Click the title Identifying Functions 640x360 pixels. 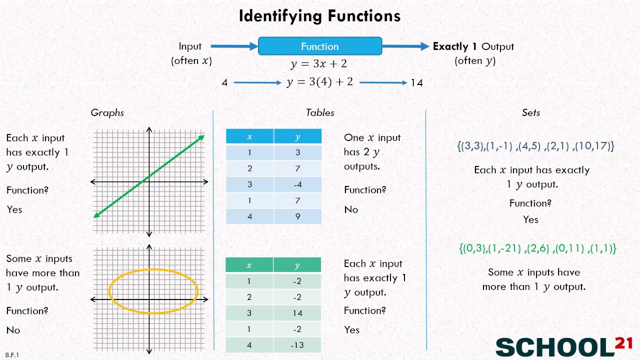click(x=319, y=16)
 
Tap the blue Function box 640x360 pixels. click(x=320, y=46)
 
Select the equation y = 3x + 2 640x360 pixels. click(x=319, y=64)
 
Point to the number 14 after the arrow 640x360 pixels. click(x=416, y=82)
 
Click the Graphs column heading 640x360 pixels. click(x=107, y=113)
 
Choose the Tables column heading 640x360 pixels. click(x=320, y=113)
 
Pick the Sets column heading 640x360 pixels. click(x=531, y=113)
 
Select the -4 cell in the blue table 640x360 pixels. click(x=298, y=184)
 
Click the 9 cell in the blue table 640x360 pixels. click(x=298, y=216)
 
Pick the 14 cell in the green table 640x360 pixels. click(x=297, y=313)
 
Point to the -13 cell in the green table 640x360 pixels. click(x=297, y=345)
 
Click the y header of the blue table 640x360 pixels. click(x=298, y=136)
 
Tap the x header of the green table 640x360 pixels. click(x=249, y=265)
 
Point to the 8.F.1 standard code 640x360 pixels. click(x=12, y=355)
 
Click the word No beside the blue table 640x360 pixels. click(x=351, y=209)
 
